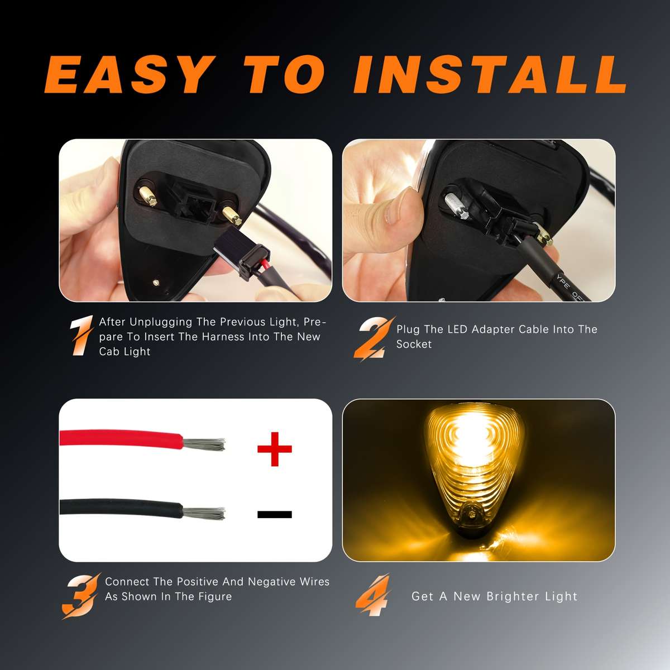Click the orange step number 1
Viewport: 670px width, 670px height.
(x=82, y=337)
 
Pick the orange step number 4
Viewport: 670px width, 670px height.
(x=373, y=595)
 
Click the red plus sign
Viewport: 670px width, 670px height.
(x=274, y=448)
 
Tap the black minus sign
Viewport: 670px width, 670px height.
(x=274, y=514)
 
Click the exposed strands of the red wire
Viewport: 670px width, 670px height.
(x=204, y=445)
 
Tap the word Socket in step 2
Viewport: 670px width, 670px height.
(x=414, y=344)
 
